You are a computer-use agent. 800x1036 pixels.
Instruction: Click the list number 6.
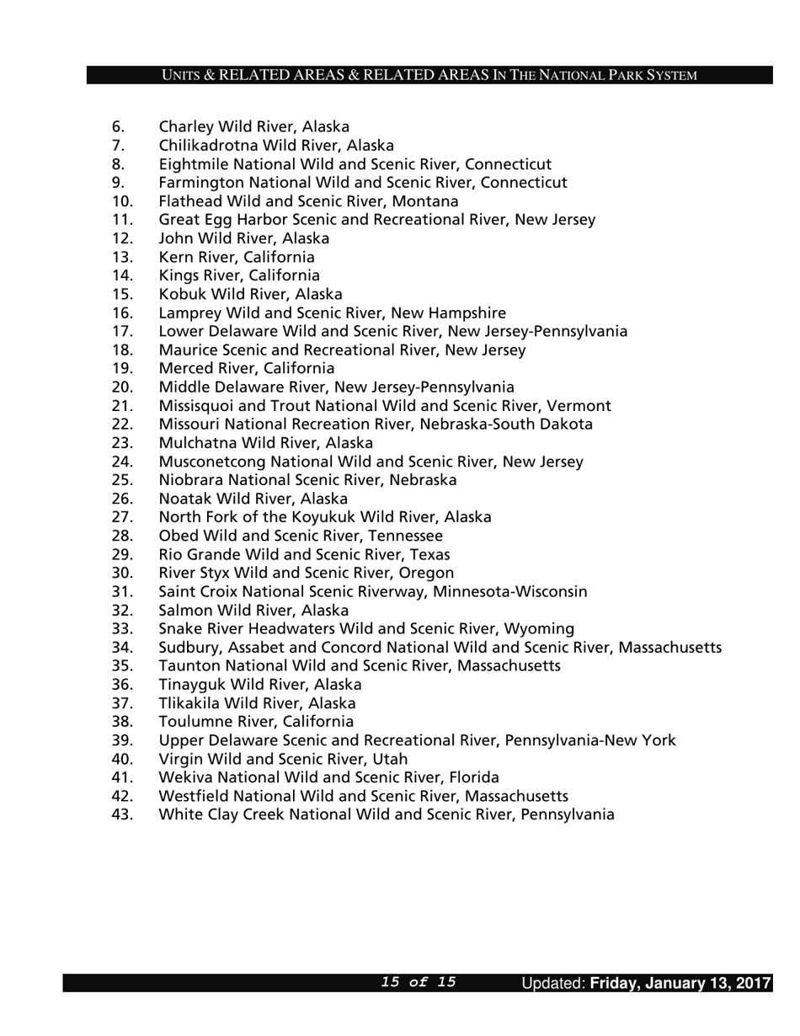point(118,127)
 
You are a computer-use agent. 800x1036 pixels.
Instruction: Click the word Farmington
point(199,183)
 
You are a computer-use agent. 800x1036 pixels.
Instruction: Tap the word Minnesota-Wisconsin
point(509,591)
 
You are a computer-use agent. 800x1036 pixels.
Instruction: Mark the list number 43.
point(122,814)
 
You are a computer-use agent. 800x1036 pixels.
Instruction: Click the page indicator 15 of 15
point(419,982)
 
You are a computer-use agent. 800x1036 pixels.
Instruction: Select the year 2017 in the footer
point(753,983)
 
